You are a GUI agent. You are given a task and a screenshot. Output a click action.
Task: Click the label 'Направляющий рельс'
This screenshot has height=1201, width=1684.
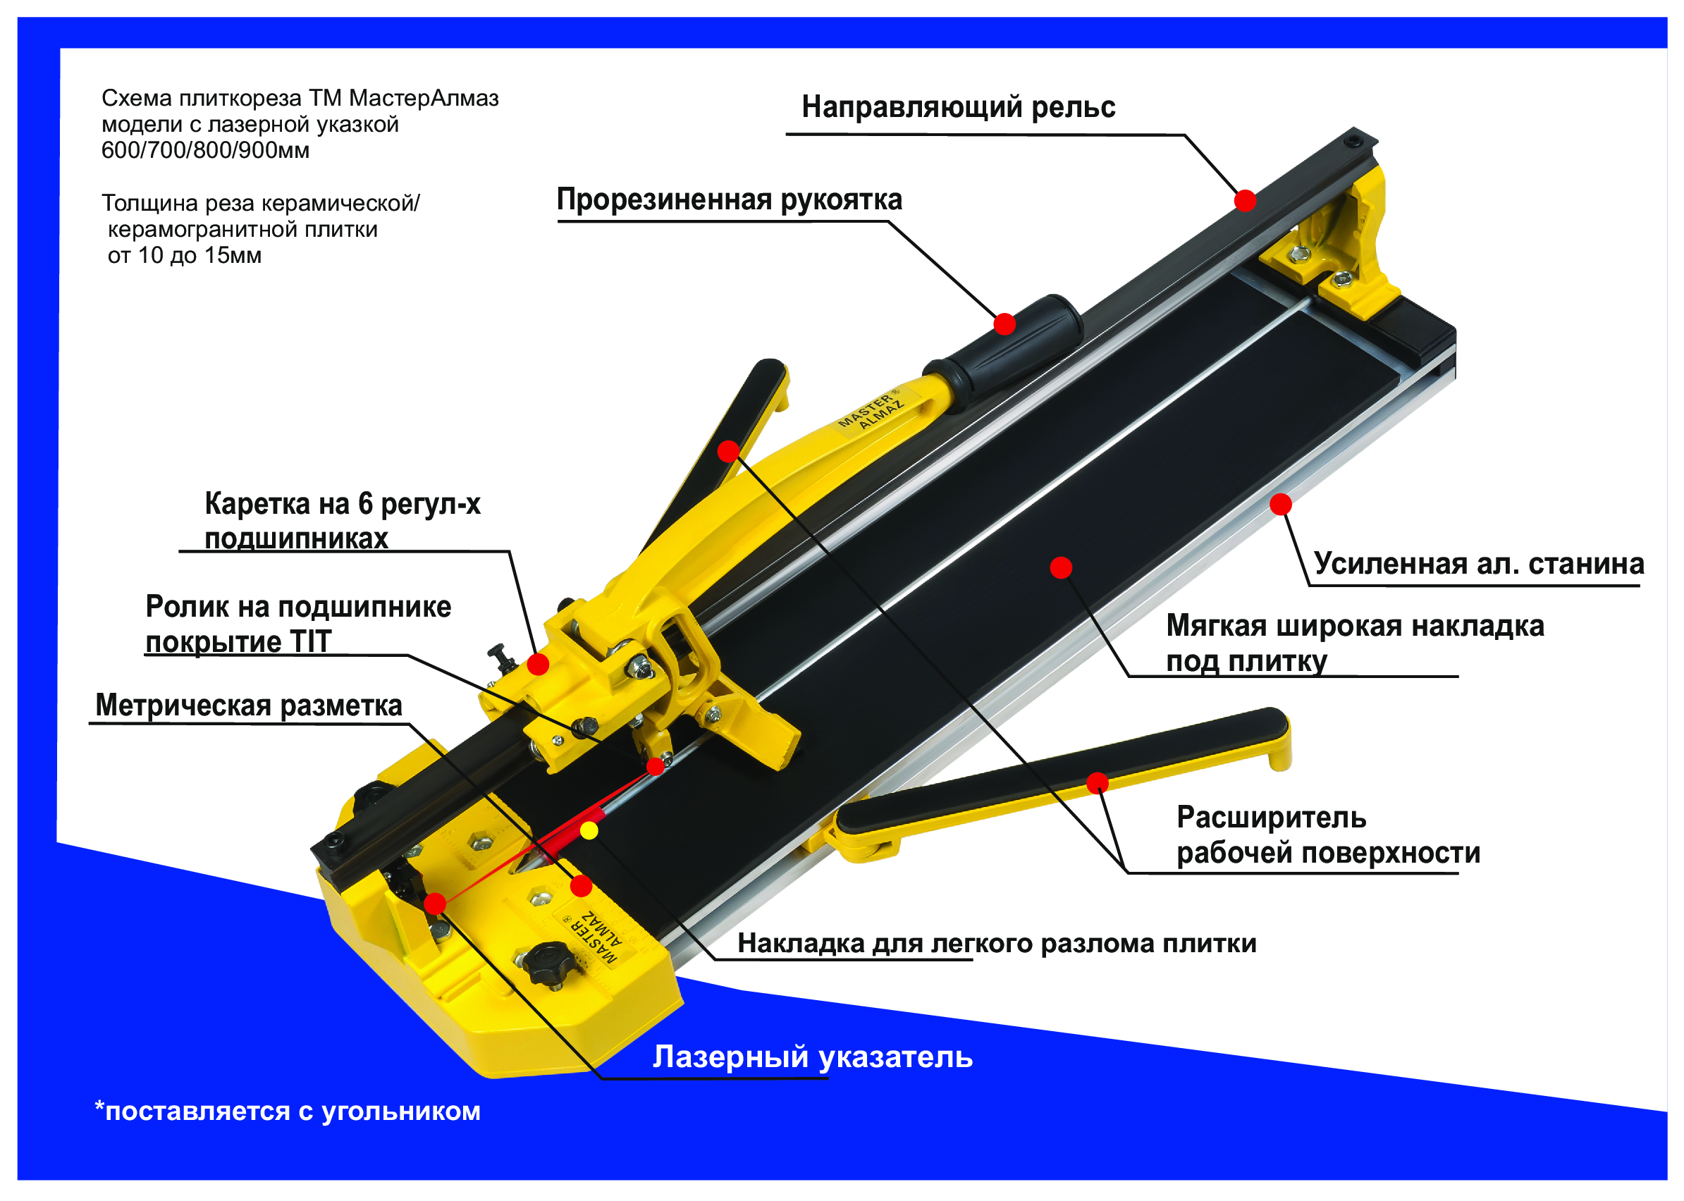coord(958,107)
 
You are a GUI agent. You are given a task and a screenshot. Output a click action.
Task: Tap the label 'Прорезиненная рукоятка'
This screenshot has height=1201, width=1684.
coord(729,199)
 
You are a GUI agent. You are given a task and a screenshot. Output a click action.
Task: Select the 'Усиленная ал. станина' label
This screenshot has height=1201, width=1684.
coord(1478,564)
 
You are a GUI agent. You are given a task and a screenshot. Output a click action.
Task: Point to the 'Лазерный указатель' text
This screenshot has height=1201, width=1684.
coord(812,1057)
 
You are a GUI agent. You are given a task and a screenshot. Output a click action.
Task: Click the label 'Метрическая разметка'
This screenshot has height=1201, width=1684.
coord(249,705)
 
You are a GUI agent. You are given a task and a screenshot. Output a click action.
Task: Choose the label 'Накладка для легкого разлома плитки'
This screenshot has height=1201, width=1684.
coord(997,944)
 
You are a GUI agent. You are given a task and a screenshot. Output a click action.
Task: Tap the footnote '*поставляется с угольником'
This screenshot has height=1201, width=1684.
coord(288,1111)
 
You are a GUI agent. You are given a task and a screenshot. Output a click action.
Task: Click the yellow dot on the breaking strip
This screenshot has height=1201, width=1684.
coord(589,830)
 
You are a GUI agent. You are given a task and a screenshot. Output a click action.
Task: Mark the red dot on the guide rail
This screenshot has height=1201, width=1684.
coord(1245,200)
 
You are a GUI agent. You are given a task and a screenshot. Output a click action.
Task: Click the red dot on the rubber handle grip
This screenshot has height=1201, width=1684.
coord(1004,324)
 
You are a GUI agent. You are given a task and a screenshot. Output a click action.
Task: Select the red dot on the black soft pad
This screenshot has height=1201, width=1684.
coord(1061,568)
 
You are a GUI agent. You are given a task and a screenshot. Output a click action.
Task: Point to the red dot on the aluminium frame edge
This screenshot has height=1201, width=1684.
coord(1281,505)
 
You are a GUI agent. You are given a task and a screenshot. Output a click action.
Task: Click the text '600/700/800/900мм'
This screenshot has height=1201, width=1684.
coord(206,150)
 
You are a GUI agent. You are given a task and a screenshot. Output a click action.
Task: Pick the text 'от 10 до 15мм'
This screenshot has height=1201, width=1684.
coord(184,255)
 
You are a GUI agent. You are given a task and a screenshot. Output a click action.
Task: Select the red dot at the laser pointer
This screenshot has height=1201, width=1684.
coord(435,904)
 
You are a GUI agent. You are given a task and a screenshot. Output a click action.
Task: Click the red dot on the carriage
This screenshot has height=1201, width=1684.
coord(538,664)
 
